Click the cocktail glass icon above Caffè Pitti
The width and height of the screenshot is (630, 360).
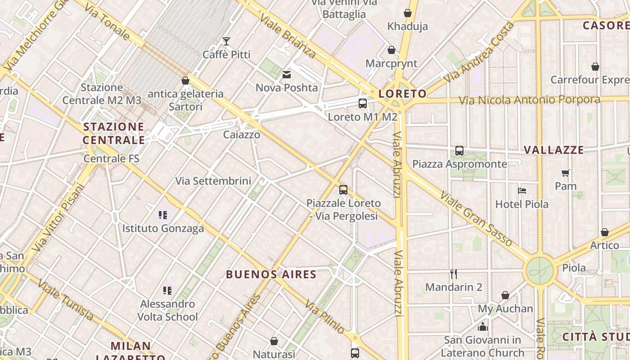tap(226, 41)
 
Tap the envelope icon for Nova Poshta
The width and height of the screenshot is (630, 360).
tap(287, 74)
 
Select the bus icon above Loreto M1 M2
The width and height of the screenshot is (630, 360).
tap(363, 103)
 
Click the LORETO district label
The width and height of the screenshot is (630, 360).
tap(402, 94)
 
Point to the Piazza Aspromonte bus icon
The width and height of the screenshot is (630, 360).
tap(459, 151)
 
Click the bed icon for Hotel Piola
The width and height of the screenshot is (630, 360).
tap(522, 191)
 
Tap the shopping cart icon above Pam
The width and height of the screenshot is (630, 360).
tap(566, 173)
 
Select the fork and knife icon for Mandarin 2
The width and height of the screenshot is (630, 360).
tap(454, 274)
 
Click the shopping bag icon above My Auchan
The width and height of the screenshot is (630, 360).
tap(505, 296)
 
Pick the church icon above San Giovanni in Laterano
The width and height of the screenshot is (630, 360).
tap(483, 326)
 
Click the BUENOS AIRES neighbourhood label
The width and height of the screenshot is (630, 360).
tap(271, 274)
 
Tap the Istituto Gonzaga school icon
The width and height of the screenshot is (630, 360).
tap(163, 215)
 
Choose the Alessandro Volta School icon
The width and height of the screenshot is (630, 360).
tap(167, 291)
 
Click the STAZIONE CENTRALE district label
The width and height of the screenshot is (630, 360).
tap(114, 133)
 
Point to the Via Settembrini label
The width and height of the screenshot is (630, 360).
tap(213, 181)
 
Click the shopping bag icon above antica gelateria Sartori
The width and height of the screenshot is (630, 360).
tap(185, 81)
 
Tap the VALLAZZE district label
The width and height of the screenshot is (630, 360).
tap(554, 150)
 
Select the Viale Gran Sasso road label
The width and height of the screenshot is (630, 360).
tap(476, 219)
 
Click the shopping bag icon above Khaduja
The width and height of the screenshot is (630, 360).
tap(408, 13)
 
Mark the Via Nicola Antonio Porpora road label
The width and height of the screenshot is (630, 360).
tap(529, 99)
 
